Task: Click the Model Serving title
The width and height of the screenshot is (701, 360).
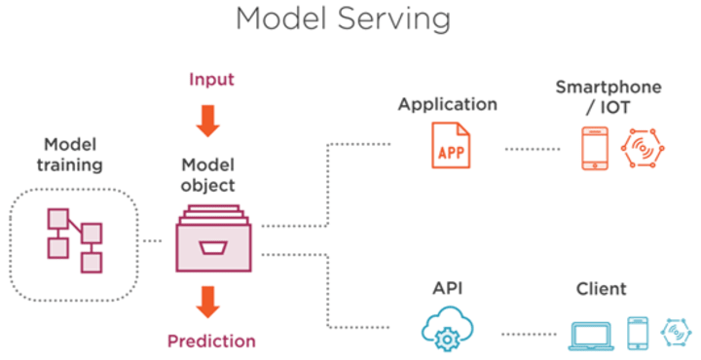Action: pyautogui.click(x=344, y=19)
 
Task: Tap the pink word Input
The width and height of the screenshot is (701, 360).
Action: pyautogui.click(x=211, y=78)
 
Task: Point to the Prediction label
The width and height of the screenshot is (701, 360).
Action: pyautogui.click(x=211, y=342)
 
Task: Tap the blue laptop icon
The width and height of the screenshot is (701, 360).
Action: pyautogui.click(x=589, y=333)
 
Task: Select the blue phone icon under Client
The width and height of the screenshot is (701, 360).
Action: pyautogui.click(x=636, y=333)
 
